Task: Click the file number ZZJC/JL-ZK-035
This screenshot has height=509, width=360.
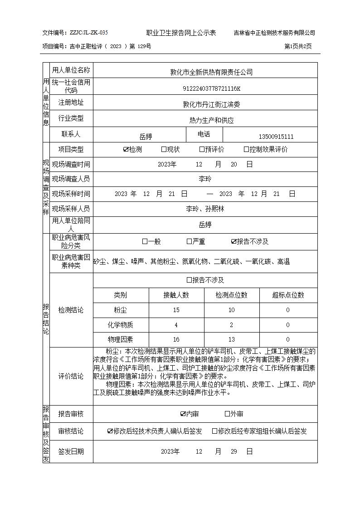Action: [88, 33]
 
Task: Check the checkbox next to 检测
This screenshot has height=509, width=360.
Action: [126, 149]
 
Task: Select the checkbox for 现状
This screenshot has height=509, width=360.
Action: [164, 149]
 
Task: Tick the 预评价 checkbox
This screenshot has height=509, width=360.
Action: [202, 149]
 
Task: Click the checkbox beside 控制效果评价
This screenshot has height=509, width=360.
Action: [246, 149]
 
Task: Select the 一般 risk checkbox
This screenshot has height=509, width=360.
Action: [145, 241]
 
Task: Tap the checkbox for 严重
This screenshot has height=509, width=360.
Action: [189, 241]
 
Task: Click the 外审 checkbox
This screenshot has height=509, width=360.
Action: [228, 414]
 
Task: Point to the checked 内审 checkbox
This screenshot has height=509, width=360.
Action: [183, 414]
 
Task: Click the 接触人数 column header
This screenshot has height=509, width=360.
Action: [176, 295]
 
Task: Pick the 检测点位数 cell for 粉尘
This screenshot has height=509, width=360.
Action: [231, 310]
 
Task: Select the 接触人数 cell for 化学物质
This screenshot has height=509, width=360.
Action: [176, 325]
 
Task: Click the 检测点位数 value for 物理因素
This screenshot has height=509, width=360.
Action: [231, 339]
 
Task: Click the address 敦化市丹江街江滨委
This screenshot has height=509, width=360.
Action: [211, 104]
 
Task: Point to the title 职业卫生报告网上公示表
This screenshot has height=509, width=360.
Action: [181, 33]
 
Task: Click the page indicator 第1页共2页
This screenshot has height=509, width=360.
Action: [298, 46]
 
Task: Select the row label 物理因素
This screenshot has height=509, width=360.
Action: [120, 339]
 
